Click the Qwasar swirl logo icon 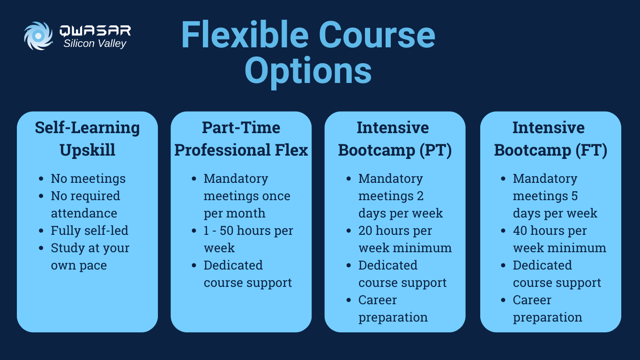(38, 36)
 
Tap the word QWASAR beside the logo (95, 31)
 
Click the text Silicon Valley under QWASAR (95, 44)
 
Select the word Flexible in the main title (244, 35)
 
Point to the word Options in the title (308, 71)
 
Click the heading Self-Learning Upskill (87, 139)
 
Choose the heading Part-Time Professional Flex (241, 139)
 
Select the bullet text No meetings (88, 179)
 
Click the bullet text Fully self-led (89, 231)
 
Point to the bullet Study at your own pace (89, 256)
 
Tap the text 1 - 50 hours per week (248, 239)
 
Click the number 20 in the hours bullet (365, 231)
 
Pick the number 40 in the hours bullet (521, 231)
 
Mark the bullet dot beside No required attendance (42, 196)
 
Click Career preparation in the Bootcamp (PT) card (393, 308)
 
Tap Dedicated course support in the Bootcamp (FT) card (557, 274)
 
